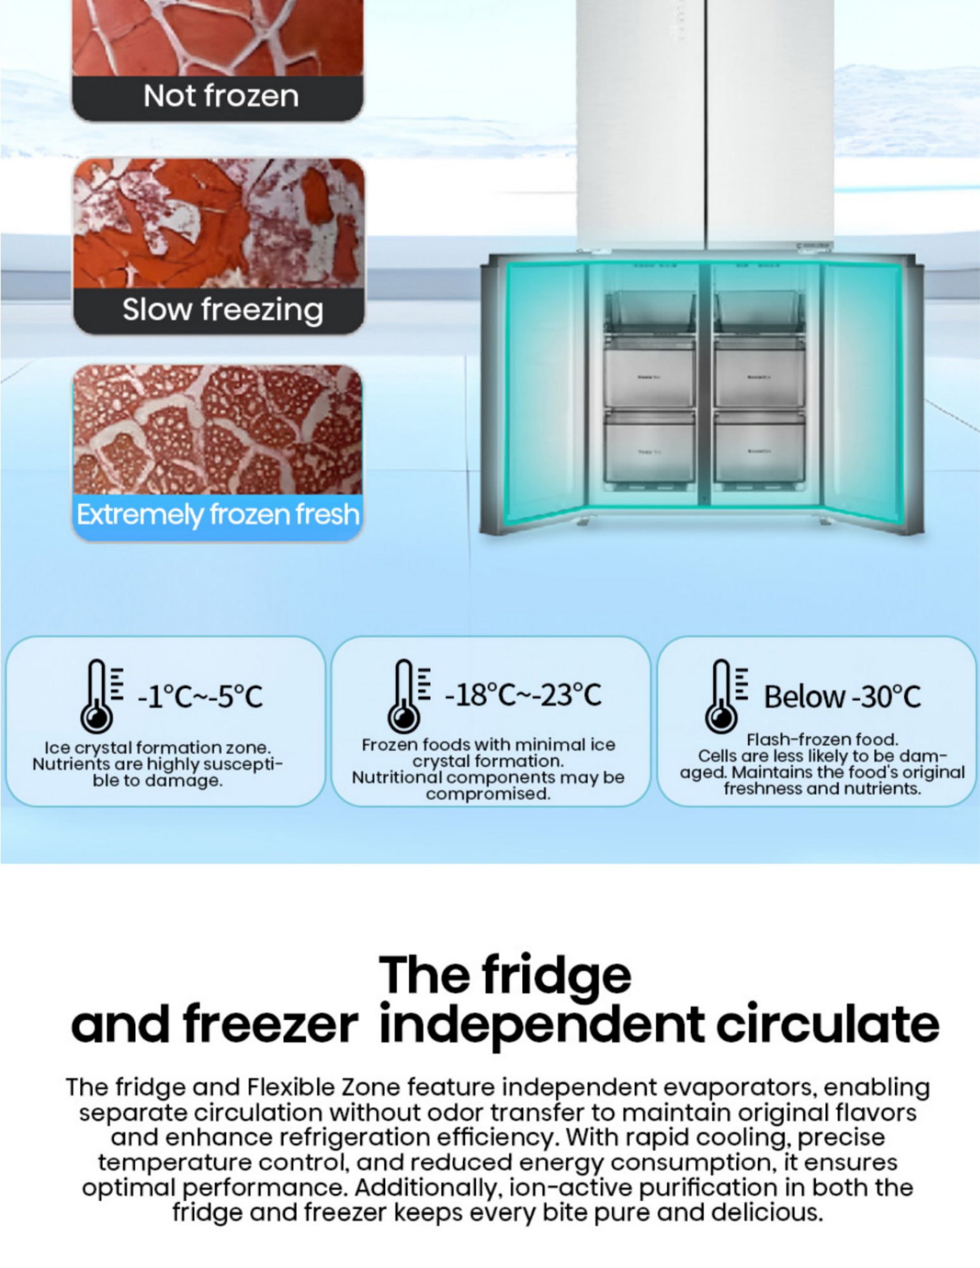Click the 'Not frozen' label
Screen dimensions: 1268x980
click(220, 96)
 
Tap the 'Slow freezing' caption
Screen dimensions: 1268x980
click(222, 310)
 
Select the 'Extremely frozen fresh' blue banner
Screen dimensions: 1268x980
click(218, 515)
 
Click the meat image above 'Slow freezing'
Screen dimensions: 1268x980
click(219, 223)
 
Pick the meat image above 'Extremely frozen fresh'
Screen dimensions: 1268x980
click(218, 429)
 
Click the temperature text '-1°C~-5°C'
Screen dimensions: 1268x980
click(200, 697)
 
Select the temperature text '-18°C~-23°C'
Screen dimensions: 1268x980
click(523, 695)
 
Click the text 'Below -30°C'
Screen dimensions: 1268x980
click(842, 697)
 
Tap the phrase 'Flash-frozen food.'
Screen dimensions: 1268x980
click(822, 739)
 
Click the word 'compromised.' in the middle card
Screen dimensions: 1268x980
click(488, 794)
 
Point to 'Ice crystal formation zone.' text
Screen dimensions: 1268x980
click(157, 747)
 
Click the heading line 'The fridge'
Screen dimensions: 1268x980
click(505, 975)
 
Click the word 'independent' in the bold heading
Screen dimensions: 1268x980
click(542, 1026)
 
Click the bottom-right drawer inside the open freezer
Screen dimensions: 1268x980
click(759, 449)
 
